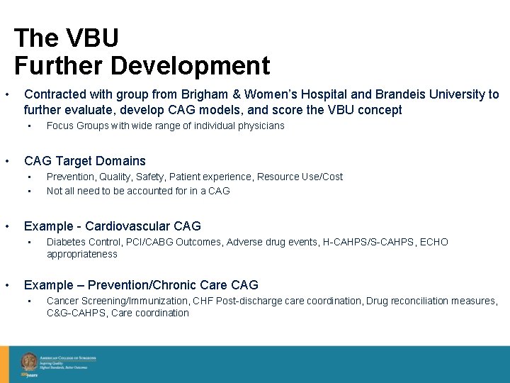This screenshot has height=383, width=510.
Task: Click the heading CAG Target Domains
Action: tap(85, 161)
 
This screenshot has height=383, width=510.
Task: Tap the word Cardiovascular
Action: tap(128, 226)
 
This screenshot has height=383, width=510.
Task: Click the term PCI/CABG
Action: tap(147, 242)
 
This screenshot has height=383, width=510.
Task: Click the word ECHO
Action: tap(433, 242)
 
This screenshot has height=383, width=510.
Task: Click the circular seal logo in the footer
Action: tap(29, 361)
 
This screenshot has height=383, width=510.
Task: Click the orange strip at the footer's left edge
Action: tap(4, 364)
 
